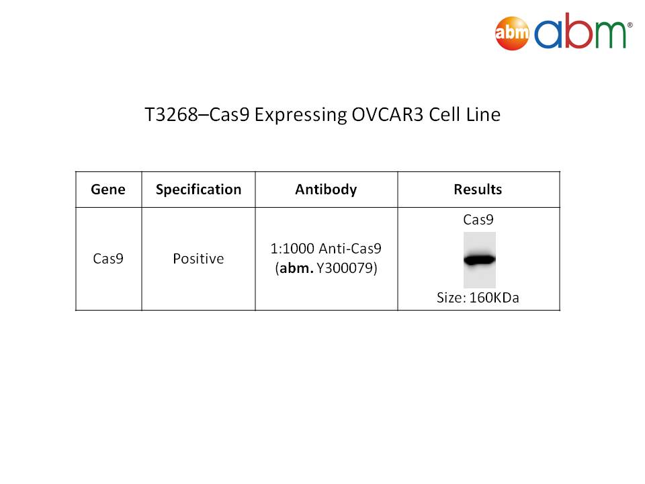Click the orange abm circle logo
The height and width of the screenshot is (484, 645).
coord(512,33)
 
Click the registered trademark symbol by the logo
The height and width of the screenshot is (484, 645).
coord(630,25)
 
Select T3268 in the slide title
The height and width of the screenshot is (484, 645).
coord(171,114)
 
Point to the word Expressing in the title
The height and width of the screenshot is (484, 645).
coord(301,115)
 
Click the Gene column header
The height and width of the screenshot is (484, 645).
coord(108,190)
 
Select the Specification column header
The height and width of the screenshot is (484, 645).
coord(199,190)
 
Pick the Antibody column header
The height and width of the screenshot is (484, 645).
coord(327,190)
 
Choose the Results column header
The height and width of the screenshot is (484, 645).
coord(478,190)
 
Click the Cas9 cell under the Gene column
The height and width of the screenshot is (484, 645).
coord(108,258)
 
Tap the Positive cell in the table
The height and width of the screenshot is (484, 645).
coord(198,258)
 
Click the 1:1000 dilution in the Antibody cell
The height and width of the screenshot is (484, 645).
coord(292,249)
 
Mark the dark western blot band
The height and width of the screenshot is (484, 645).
coord(480,259)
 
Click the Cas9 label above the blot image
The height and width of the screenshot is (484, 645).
coord(478,220)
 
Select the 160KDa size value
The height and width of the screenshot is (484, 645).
coord(494,298)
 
